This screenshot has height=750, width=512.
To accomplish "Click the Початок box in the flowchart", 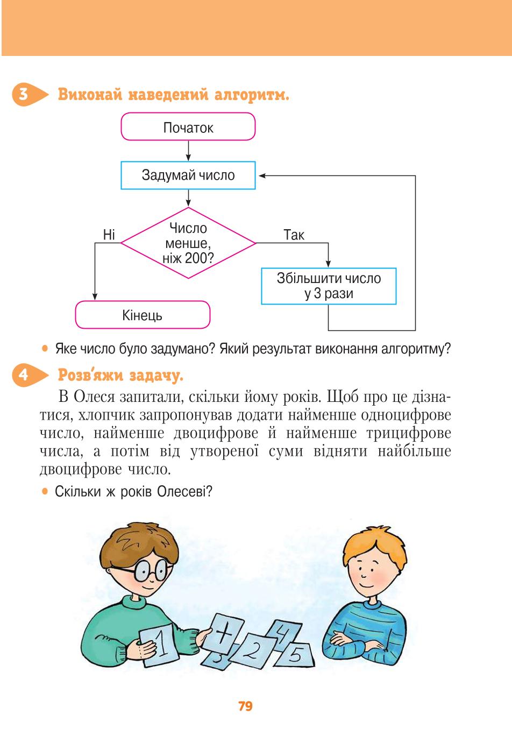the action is click(x=188, y=126).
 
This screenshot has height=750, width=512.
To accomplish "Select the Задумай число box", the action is click(x=188, y=175).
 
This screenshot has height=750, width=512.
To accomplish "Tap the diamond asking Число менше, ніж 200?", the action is click(x=188, y=243).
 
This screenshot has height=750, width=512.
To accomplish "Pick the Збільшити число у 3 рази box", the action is click(x=329, y=286).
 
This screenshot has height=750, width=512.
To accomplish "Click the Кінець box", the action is click(x=143, y=315).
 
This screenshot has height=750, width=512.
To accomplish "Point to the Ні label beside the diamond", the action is click(x=109, y=235).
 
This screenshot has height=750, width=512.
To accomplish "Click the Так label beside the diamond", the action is click(x=294, y=235).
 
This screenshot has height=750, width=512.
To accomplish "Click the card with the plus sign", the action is click(x=223, y=633).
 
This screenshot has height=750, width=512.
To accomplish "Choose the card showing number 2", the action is click(x=253, y=651).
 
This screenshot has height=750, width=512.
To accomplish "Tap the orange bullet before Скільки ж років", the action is click(x=45, y=491).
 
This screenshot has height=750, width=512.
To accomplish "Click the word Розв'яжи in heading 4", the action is click(x=91, y=375).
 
